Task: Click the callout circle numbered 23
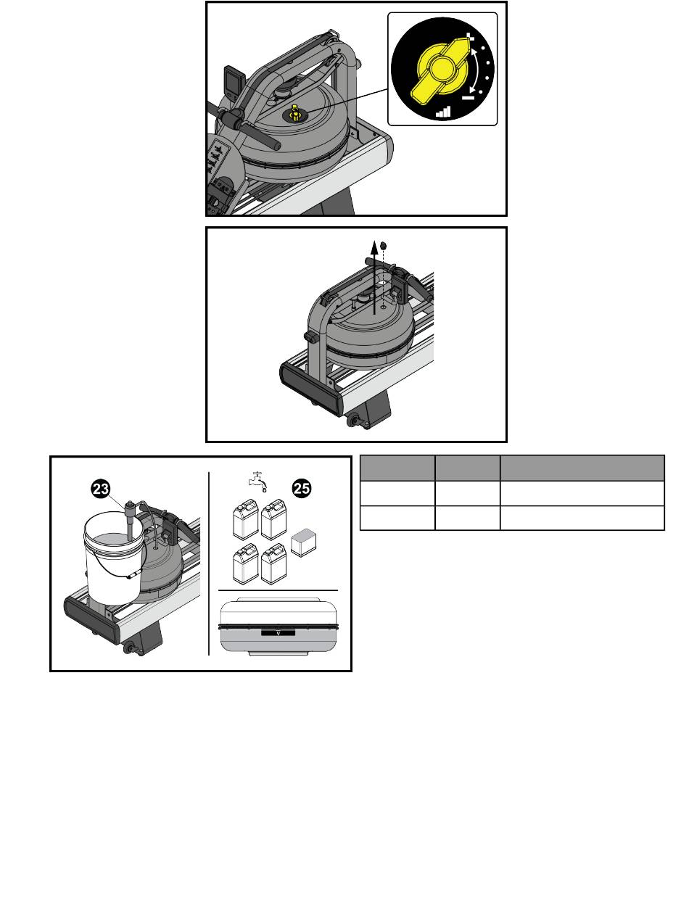point(101,489)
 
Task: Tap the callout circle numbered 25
point(302,489)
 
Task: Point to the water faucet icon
point(258,482)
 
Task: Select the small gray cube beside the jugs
point(303,542)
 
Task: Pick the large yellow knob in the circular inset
point(441,70)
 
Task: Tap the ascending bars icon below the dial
point(443,112)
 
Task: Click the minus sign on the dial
point(468,98)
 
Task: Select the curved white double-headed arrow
point(478,71)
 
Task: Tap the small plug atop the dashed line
point(383,245)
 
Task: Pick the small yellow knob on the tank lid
point(294,113)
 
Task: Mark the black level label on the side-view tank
point(278,632)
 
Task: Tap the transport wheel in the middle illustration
point(353,421)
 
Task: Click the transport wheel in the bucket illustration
point(130,648)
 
